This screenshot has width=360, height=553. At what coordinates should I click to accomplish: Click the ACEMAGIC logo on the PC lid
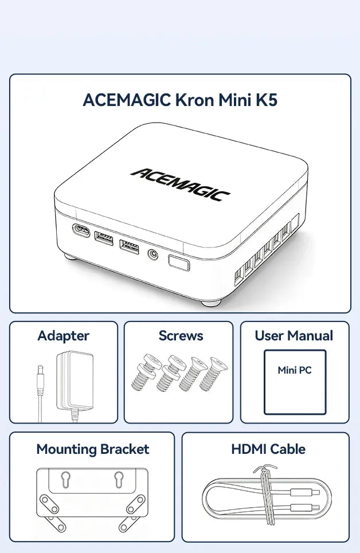181,184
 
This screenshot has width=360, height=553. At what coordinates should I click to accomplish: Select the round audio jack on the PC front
152,254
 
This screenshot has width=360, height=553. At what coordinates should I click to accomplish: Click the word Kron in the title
194,100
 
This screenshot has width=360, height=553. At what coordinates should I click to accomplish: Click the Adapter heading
64,336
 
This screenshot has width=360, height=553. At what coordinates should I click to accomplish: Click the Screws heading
181,336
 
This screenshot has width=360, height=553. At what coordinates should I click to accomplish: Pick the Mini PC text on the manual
295,370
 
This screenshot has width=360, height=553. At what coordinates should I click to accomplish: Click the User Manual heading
294,336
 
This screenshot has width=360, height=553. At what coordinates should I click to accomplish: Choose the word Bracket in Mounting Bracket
124,449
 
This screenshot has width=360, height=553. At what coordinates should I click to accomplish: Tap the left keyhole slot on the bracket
65,479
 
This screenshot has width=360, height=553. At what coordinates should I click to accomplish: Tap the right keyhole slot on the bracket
119,479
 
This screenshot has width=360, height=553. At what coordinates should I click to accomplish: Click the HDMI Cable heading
268,449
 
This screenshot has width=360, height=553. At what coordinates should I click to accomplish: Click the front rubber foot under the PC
212,303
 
